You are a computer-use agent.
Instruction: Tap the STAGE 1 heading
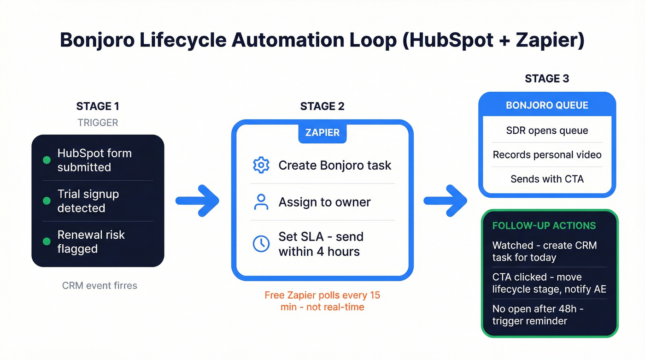pyautogui.click(x=98, y=106)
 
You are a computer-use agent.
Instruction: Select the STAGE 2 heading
pyautogui.click(x=322, y=106)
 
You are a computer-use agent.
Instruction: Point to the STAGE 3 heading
pyautogui.click(x=547, y=79)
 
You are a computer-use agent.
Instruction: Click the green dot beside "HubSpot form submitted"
pyautogui.click(x=47, y=160)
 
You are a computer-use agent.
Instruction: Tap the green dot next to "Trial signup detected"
pyautogui.click(x=47, y=201)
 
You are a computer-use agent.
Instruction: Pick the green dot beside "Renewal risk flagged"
pyautogui.click(x=47, y=242)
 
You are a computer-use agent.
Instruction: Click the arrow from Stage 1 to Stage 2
pyautogui.click(x=198, y=201)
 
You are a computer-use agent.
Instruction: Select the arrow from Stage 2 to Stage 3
pyautogui.click(x=445, y=201)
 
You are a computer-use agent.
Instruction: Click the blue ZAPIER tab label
pyautogui.click(x=322, y=133)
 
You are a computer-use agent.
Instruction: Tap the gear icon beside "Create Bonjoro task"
pyautogui.click(x=261, y=165)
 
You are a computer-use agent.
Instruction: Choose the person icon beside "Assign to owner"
pyautogui.click(x=261, y=202)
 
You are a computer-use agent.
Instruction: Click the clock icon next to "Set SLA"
pyautogui.click(x=261, y=244)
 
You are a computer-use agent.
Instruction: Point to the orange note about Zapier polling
pyautogui.click(x=322, y=301)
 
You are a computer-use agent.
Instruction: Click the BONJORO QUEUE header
pyautogui.click(x=547, y=106)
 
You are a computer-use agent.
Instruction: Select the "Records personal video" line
pyautogui.click(x=547, y=155)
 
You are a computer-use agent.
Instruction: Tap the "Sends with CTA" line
pyautogui.click(x=547, y=179)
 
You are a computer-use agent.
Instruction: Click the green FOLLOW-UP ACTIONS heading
pyautogui.click(x=544, y=226)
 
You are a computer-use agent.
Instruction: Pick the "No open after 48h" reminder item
pyautogui.click(x=538, y=314)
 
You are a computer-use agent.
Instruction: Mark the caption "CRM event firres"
pyautogui.click(x=100, y=285)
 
